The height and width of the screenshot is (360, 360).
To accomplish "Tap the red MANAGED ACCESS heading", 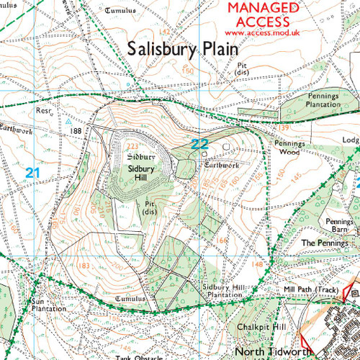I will coord(262,14).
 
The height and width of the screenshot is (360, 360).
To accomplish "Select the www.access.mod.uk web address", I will coord(262,32).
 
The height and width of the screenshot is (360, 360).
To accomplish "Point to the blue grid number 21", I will coord(32,173).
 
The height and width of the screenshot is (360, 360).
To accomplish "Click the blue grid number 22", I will coord(199,145).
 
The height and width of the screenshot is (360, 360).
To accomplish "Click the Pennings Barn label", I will coord(338,226).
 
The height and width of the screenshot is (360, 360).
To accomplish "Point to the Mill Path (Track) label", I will coord(312,289).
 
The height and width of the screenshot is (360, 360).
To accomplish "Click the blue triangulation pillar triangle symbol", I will coord(67,122).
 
